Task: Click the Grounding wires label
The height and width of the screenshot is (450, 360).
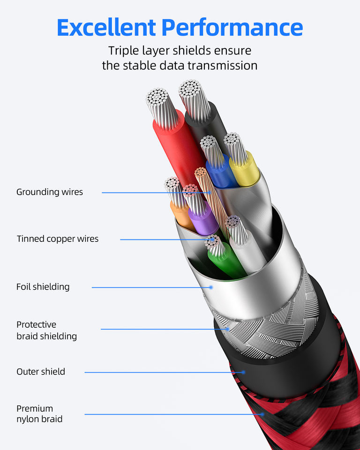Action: (x=50, y=192)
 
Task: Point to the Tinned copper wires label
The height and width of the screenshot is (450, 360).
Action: (x=58, y=239)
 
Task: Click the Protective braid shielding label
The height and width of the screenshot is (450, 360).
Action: (x=46, y=330)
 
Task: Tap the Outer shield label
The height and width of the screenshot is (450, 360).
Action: (x=41, y=372)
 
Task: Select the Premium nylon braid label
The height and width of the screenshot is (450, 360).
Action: (x=39, y=413)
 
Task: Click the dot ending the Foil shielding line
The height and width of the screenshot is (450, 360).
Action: (x=211, y=287)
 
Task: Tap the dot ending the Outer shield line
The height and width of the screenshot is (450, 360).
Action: (x=244, y=372)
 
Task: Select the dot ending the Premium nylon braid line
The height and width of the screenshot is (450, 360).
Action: (x=262, y=414)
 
